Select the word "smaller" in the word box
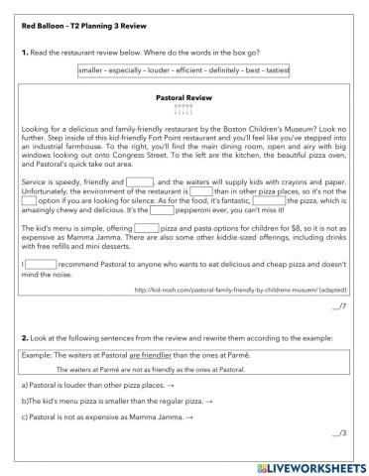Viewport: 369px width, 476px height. click(94, 70)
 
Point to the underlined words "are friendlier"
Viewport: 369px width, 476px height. click(127, 353)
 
